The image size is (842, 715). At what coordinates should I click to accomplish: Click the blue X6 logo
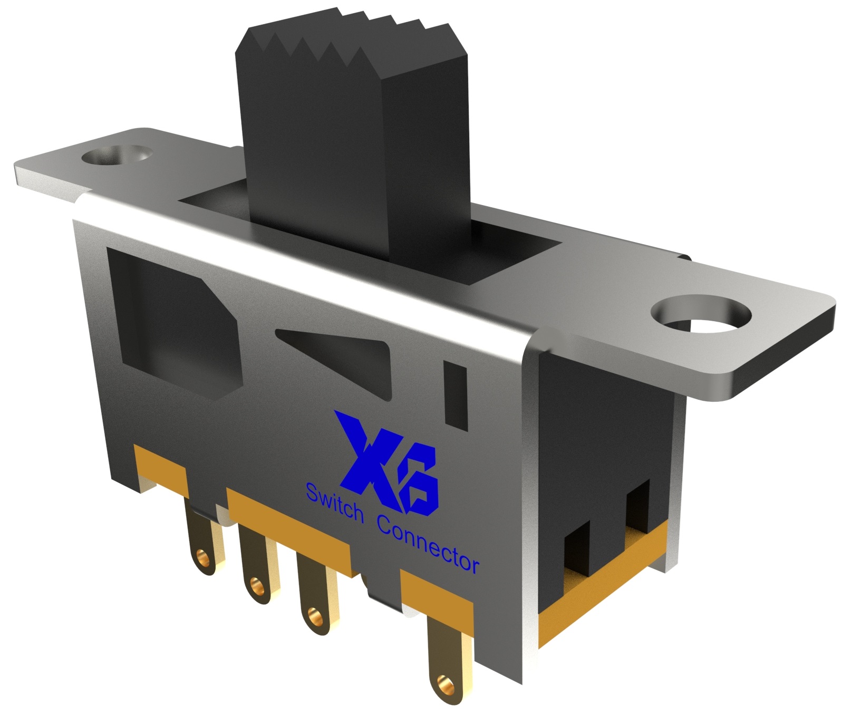pos(390,464)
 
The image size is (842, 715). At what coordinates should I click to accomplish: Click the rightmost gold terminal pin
pos(443,659)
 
